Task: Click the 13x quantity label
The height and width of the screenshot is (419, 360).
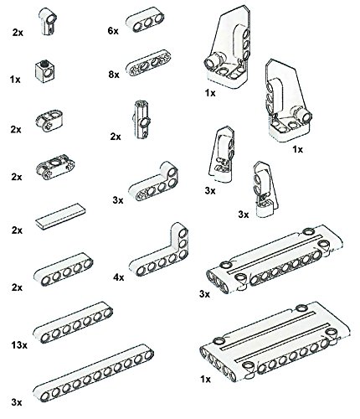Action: click(x=19, y=345)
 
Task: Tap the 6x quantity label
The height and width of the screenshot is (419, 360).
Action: click(x=113, y=31)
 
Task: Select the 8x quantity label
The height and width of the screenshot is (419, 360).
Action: click(x=114, y=75)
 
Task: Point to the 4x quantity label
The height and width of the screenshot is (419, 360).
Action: click(x=119, y=277)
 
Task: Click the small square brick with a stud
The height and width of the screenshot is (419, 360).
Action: click(x=45, y=71)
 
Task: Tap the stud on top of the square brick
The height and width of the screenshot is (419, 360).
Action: click(x=44, y=63)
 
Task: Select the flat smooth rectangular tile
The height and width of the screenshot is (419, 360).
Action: click(x=60, y=216)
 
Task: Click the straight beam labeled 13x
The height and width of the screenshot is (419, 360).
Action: click(x=73, y=323)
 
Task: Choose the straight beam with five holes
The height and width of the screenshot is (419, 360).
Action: click(x=64, y=269)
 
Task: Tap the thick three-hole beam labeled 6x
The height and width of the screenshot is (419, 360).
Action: click(x=145, y=19)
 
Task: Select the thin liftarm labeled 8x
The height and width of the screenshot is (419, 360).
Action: click(x=148, y=63)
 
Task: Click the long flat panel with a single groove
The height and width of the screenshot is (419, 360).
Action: click(x=275, y=260)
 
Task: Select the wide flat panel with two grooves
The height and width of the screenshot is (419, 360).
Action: click(x=275, y=342)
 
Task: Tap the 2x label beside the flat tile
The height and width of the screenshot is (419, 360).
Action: click(x=17, y=230)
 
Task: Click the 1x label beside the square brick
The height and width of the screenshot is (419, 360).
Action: click(x=15, y=80)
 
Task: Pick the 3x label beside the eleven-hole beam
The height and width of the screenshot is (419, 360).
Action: click(x=17, y=402)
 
